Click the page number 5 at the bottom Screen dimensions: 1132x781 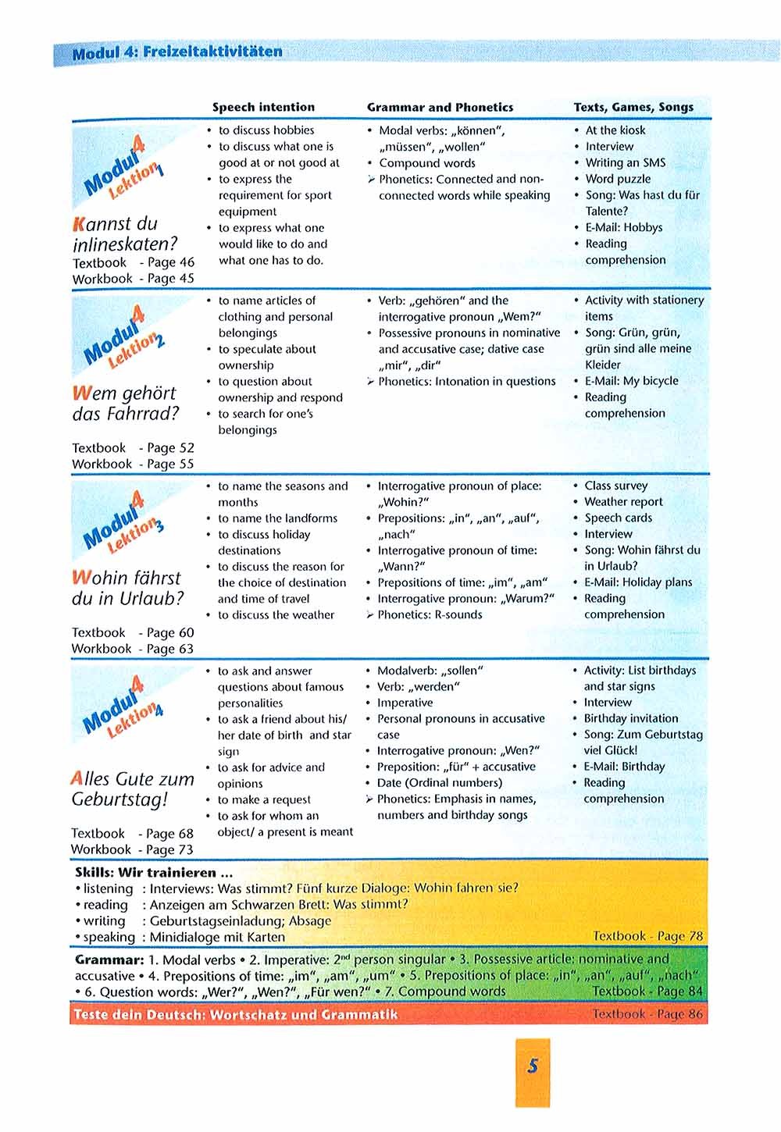pyautogui.click(x=533, y=1066)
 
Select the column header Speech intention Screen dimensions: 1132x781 pyautogui.click(x=263, y=107)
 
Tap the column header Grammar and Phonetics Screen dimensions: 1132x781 pyautogui.click(x=440, y=107)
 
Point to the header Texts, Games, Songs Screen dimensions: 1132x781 pyautogui.click(x=633, y=107)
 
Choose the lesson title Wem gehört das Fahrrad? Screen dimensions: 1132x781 pyautogui.click(x=125, y=403)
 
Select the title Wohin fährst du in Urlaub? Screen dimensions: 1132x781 pyautogui.click(x=127, y=588)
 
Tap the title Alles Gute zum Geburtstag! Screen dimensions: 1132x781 pyautogui.click(x=132, y=788)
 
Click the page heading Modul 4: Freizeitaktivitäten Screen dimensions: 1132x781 pyautogui.click(x=177, y=52)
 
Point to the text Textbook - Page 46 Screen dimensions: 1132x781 pyautogui.click(x=133, y=262)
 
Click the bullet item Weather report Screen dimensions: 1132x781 pyautogui.click(x=623, y=501)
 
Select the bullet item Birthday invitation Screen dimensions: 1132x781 pyautogui.click(x=630, y=718)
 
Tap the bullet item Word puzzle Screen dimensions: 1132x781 pyautogui.click(x=618, y=179)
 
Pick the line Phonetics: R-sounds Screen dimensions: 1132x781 pyautogui.click(x=430, y=614)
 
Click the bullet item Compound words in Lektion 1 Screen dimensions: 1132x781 pyautogui.click(x=426, y=163)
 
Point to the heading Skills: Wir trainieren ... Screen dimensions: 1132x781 pyautogui.click(x=153, y=872)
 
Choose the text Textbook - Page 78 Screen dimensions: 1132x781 pyautogui.click(x=647, y=935)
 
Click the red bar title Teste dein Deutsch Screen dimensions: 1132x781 pyautogui.click(x=234, y=1014)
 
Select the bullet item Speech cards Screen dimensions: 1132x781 pyautogui.click(x=618, y=518)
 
